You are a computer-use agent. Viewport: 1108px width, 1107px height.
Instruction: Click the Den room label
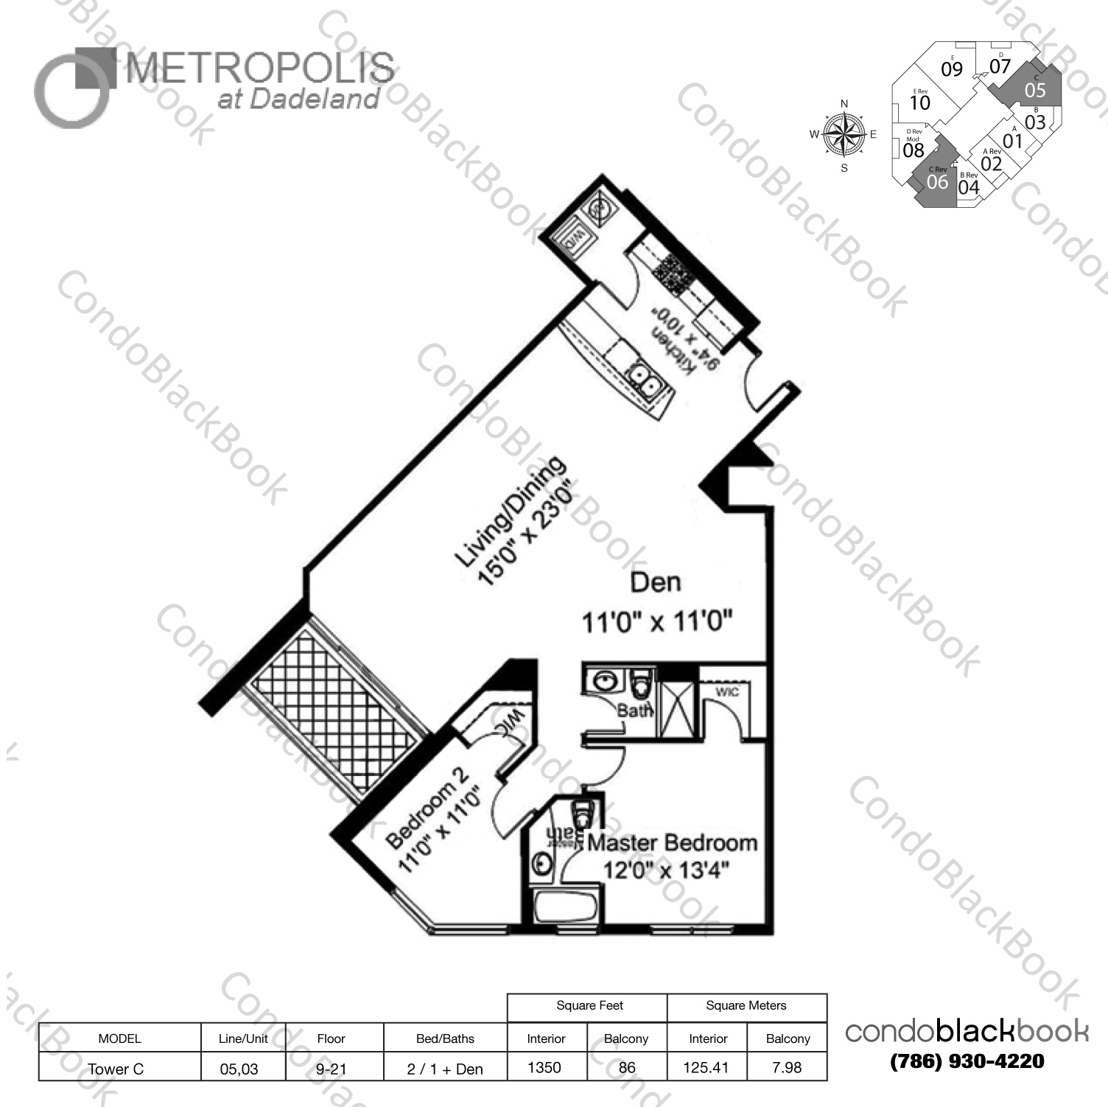click(656, 583)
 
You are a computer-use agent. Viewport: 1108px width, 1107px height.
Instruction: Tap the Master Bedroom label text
click(672, 842)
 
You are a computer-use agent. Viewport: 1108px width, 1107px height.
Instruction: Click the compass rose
click(844, 135)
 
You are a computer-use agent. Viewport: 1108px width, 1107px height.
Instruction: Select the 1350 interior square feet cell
click(545, 1067)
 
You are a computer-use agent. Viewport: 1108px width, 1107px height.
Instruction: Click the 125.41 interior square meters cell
click(706, 1067)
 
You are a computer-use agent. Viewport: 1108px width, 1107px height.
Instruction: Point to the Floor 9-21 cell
click(332, 1068)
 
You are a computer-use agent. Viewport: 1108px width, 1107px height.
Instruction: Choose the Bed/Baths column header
click(445, 1038)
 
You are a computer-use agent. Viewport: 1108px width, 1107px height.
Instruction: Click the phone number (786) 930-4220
click(967, 1061)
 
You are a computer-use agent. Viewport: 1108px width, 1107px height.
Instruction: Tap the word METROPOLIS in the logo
click(259, 69)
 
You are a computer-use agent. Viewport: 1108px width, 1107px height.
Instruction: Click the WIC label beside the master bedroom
click(726, 691)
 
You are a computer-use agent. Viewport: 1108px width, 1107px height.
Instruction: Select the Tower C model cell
click(116, 1068)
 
